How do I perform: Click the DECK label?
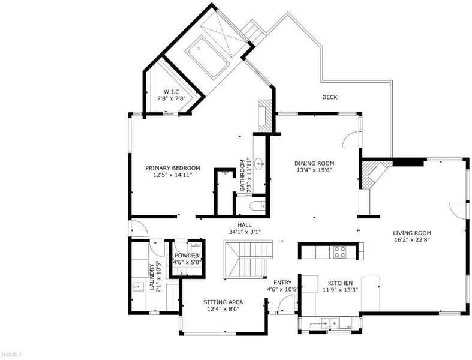pos(330,97)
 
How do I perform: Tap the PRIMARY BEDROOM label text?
pos(173,168)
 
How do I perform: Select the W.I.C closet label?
pos(172,92)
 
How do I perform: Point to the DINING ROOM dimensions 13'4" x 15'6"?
pos(314,170)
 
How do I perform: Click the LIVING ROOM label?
pos(412,233)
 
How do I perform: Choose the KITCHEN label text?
pos(340,283)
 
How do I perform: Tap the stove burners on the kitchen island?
pos(339,252)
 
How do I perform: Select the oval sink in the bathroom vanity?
pos(259,165)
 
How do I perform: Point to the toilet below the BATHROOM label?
pos(258,206)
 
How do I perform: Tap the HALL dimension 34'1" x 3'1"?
pos(245,232)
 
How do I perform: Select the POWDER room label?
pos(187,256)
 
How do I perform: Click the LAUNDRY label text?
pos(152,277)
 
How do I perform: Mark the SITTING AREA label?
pos(223,302)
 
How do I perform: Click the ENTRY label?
pos(282,283)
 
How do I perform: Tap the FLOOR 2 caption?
pos(11,355)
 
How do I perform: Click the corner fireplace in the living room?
pos(375,175)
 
